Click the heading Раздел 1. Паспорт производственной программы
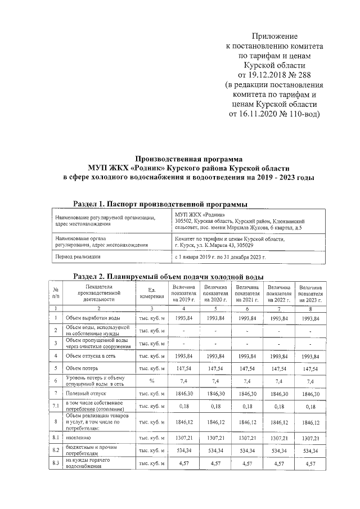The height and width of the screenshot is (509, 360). coord(160,203)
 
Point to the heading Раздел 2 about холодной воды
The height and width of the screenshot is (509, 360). coord(169,276)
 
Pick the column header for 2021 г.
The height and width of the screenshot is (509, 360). coord(247,293)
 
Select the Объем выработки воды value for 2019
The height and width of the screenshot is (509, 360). coord(183,318)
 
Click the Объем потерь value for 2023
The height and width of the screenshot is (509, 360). coord(310,371)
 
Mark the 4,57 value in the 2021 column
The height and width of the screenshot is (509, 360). coord(247,463)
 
